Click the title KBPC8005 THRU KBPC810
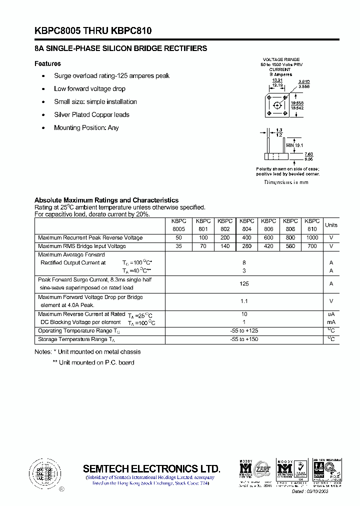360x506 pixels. (93, 31)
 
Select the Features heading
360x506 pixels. (47, 63)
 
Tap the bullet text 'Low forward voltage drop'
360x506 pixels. (89, 88)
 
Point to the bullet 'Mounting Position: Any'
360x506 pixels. (86, 127)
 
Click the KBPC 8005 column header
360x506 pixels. (178, 224)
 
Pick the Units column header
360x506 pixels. (331, 225)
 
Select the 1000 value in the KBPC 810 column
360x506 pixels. (312, 237)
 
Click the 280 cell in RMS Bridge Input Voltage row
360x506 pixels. (246, 246)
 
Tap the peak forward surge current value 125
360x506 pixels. (244, 283)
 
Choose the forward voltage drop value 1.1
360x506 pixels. (244, 301)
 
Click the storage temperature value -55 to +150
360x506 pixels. (244, 339)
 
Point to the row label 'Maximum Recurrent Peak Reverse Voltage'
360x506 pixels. (90, 237)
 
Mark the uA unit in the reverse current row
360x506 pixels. (331, 314)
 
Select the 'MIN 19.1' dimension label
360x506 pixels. (295, 145)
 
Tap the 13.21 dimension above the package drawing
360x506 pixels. (277, 80)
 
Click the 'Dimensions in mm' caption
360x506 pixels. (286, 182)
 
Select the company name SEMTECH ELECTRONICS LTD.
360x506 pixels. (151, 468)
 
